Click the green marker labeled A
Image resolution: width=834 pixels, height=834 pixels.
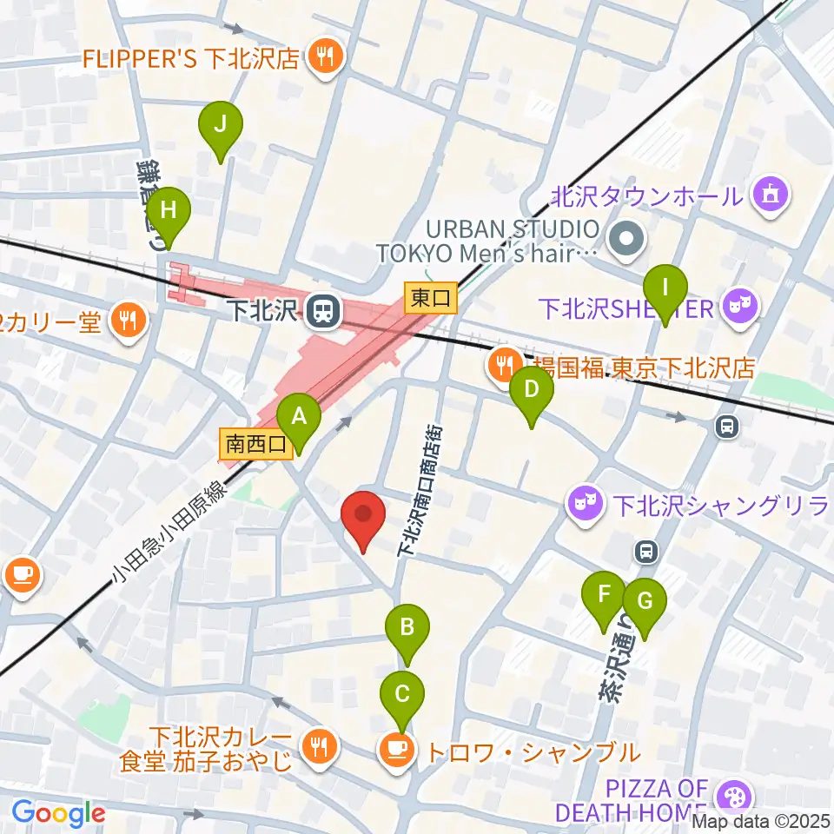pyautogui.click(x=298, y=416)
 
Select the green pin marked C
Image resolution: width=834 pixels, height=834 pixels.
pyautogui.click(x=402, y=693)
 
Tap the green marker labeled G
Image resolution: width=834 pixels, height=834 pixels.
pyautogui.click(x=644, y=600)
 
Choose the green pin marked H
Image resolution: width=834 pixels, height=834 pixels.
pyautogui.click(x=168, y=210)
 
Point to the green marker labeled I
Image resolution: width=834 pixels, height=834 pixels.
pyautogui.click(x=665, y=288)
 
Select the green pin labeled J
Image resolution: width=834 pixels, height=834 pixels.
pyautogui.click(x=221, y=124)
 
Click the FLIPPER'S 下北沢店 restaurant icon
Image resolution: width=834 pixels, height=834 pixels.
pyautogui.click(x=328, y=58)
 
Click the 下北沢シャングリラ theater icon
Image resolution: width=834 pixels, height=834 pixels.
pyautogui.click(x=585, y=502)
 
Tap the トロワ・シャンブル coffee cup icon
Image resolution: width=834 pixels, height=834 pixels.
pyautogui.click(x=397, y=749)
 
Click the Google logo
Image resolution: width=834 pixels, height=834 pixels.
pyautogui.click(x=58, y=814)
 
